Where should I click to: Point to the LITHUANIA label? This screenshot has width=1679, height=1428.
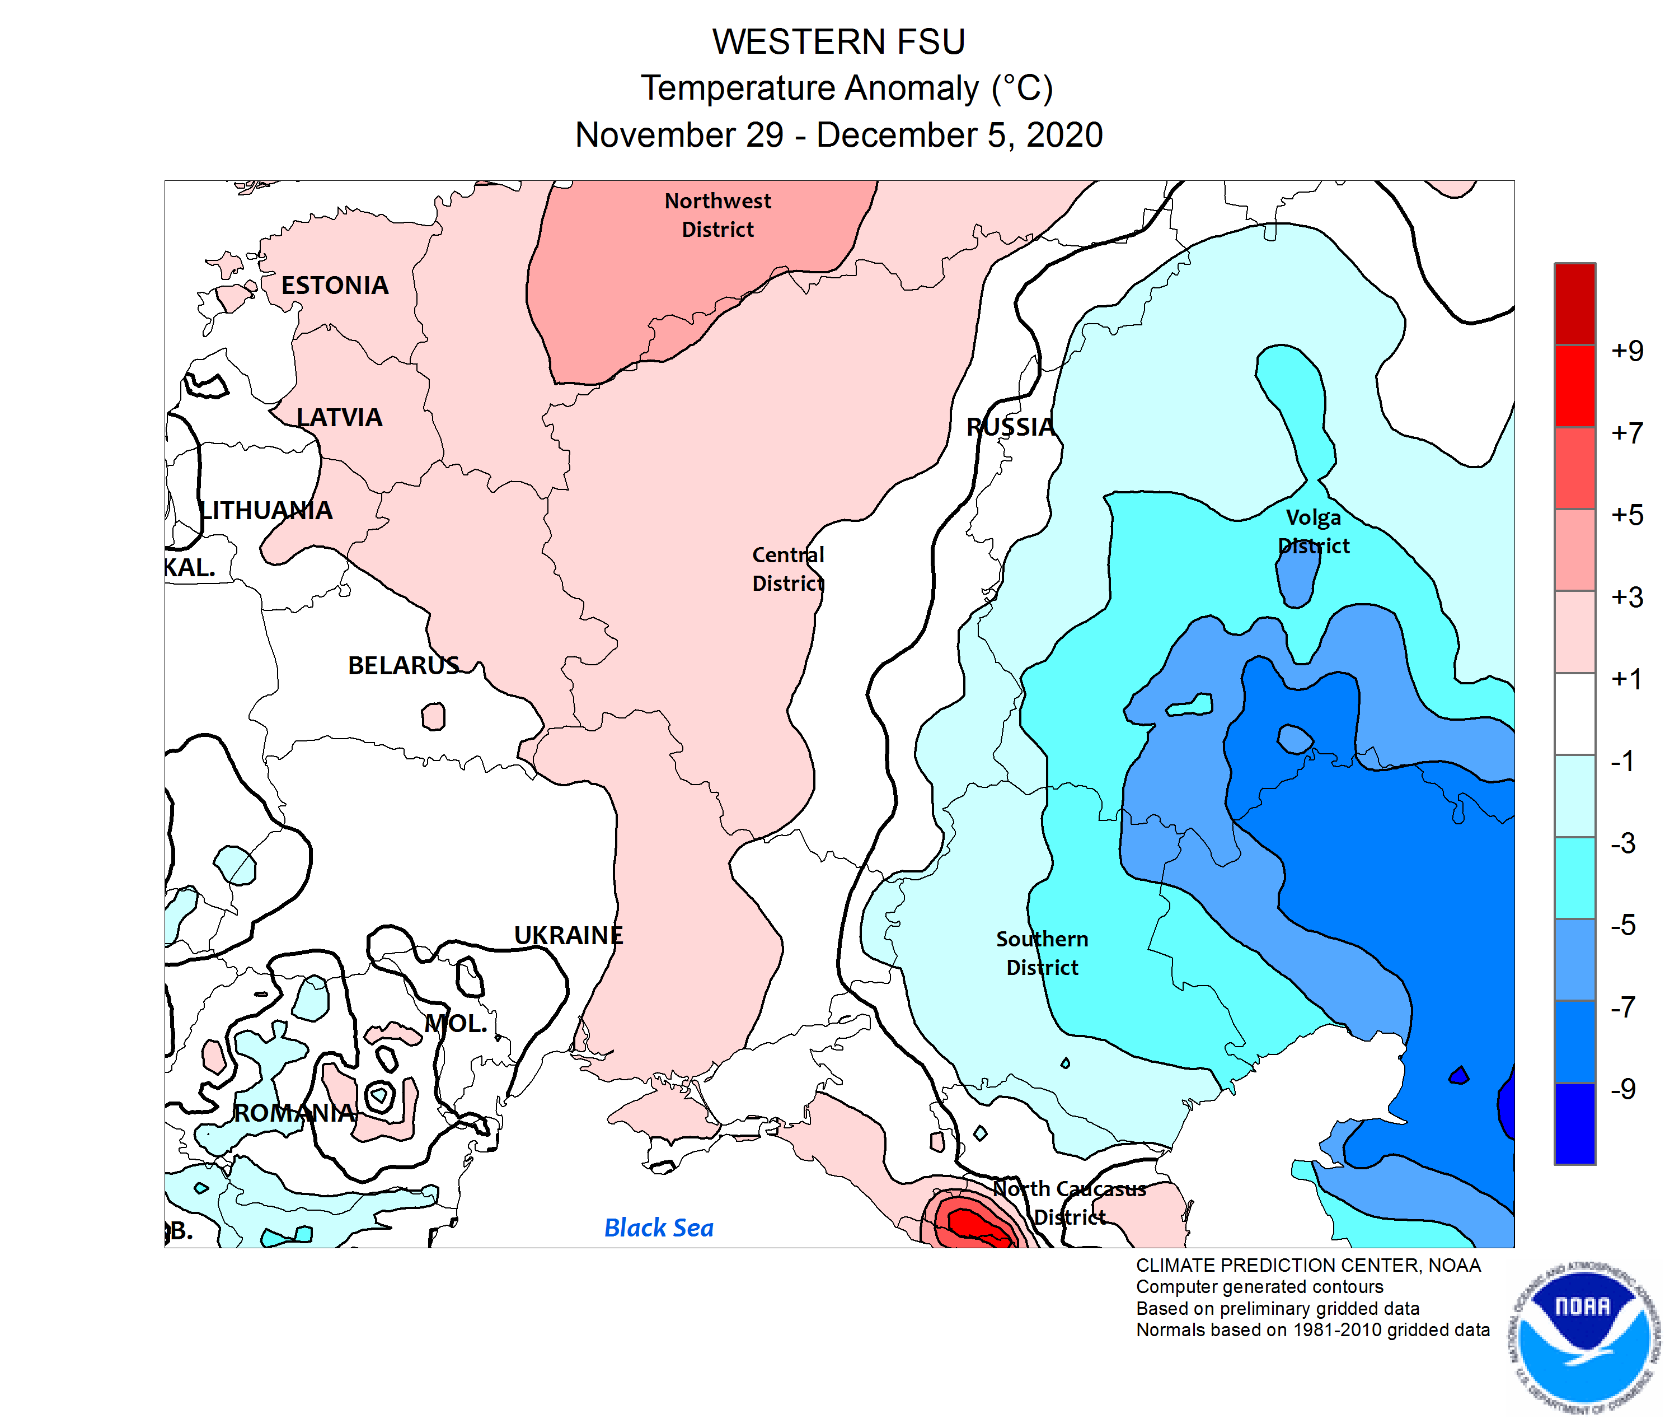[x=266, y=510]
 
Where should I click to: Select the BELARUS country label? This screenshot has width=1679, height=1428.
[x=403, y=665]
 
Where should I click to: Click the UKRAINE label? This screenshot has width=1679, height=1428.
[x=568, y=935]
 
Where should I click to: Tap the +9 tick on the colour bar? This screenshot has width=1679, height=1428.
[x=1626, y=351]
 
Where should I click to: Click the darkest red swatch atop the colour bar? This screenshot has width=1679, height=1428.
[x=1574, y=304]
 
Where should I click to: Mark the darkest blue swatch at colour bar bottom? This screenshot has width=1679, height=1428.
[x=1574, y=1123]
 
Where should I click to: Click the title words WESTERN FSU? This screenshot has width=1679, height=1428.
[x=838, y=42]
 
